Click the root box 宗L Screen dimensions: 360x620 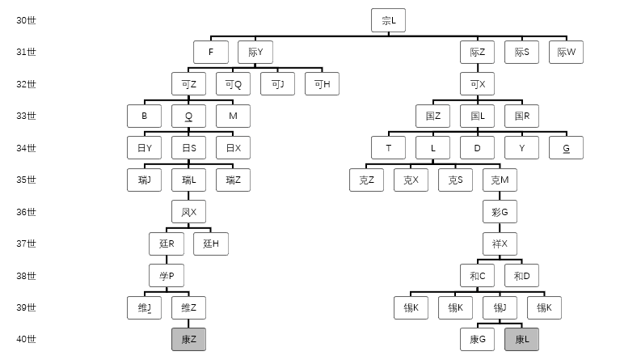tap(388, 20)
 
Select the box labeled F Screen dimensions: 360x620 tap(211, 53)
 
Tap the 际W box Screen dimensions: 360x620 tap(566, 53)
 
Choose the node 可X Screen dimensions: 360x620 tap(477, 84)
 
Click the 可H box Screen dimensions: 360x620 tap(322, 84)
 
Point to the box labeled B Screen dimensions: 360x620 tap(144, 116)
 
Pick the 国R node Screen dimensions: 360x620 tap(521, 116)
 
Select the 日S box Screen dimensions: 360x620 tap(188, 148)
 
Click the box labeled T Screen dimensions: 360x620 tap(388, 148)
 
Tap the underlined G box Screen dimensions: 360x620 tap(566, 148)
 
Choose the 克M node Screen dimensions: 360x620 tap(500, 180)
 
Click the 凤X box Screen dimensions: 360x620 tap(188, 212)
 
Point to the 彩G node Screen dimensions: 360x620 tap(500, 212)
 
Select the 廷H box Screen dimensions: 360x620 tap(211, 244)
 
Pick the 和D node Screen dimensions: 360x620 tap(521, 276)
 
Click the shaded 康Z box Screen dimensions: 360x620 tap(188, 340)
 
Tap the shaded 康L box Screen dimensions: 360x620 tap(521, 340)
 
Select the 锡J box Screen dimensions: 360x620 tap(500, 307)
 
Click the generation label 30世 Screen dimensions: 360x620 tap(26, 20)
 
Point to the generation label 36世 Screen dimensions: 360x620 tap(26, 212)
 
